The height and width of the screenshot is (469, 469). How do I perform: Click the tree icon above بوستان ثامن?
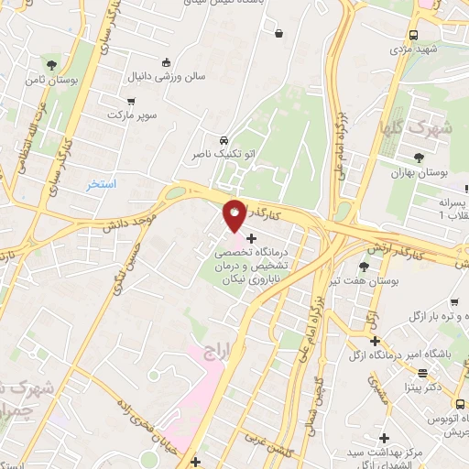pos(51,64)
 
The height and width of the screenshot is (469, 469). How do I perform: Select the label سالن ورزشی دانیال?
pos(166,80)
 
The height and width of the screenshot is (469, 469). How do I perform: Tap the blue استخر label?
pos(101,184)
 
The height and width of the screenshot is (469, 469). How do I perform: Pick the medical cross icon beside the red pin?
pos(252,238)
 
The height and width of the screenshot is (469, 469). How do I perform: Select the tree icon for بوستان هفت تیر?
pos(364,267)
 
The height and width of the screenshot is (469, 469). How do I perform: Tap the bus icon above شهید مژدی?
pos(413,35)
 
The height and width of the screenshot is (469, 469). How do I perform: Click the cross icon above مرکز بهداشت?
pos(385,438)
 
